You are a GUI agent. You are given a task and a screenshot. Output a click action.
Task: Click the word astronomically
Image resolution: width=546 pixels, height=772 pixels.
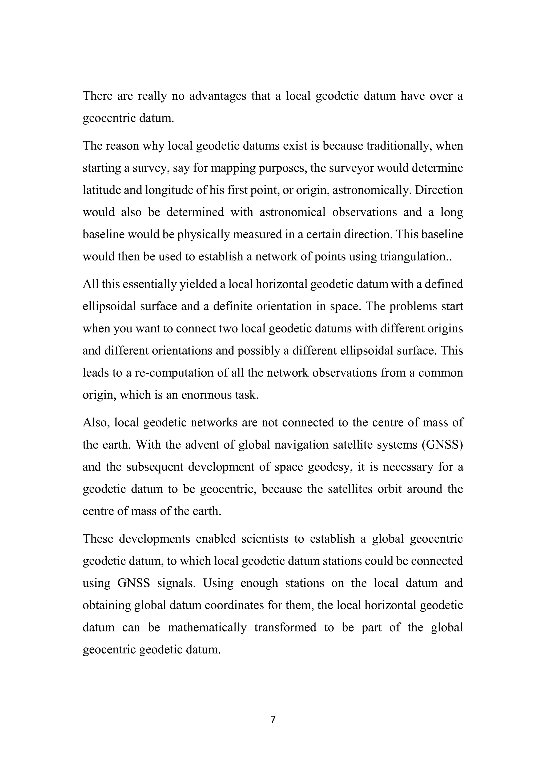371,190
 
